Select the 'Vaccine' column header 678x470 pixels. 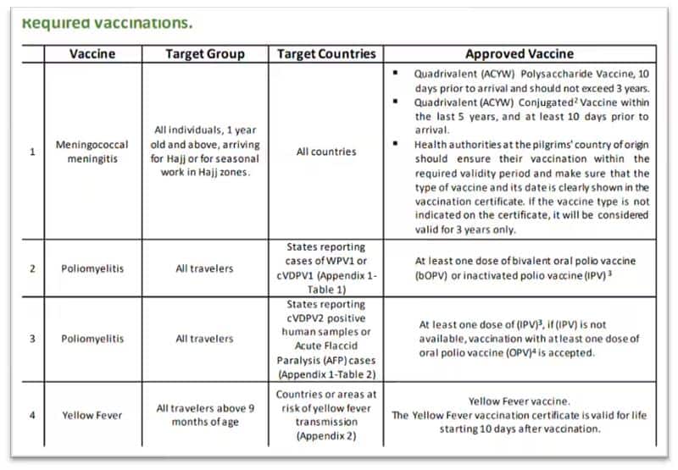(92, 53)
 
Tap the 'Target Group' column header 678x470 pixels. (204, 53)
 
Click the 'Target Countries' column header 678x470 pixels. (326, 53)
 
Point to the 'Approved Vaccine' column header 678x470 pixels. (519, 53)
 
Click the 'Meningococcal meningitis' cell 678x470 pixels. (92, 152)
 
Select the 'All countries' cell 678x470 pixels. (326, 152)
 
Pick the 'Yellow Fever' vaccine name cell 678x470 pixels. (92, 416)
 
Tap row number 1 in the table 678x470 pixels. (32, 152)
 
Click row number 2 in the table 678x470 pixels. (32, 268)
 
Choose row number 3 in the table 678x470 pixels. (32, 339)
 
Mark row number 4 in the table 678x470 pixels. (32, 416)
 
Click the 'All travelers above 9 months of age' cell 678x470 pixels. (204, 416)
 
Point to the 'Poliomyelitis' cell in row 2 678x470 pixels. (92, 268)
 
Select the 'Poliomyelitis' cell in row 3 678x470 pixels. (92, 339)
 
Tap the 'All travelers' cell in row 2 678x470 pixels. (204, 268)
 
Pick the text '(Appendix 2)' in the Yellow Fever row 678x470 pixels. (326, 437)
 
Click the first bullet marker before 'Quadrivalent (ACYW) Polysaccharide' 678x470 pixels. (396, 74)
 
